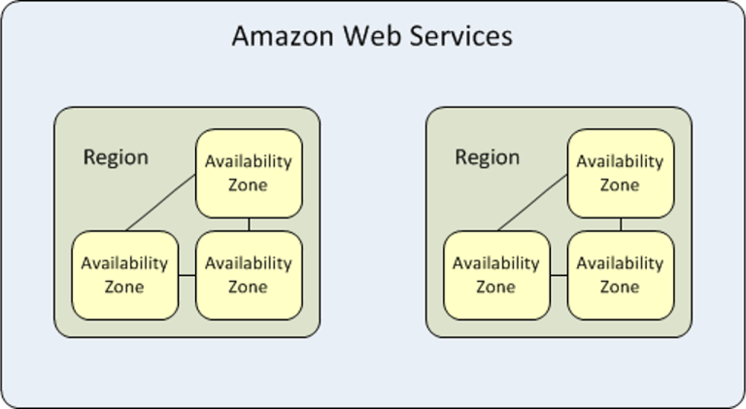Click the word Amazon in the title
pos(278,37)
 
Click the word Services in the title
pos(457,37)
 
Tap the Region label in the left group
pos(116,157)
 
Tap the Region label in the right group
pos(488,157)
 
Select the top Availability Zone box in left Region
pos(249,173)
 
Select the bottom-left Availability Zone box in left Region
pos(124,275)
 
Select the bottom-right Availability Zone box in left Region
pos(249,275)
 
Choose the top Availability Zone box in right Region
pos(620,173)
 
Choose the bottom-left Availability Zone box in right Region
pos(496,275)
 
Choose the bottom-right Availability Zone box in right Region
pos(620,275)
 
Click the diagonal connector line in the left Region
pos(161,204)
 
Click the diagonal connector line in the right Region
pos(533,204)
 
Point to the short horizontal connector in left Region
pos(186,276)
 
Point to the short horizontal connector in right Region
pos(559,276)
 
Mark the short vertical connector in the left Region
pos(249,224)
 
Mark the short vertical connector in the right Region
pos(621,224)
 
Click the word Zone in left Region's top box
pos(248,185)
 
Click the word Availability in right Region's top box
pos(620,161)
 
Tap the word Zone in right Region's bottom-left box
pos(495,287)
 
